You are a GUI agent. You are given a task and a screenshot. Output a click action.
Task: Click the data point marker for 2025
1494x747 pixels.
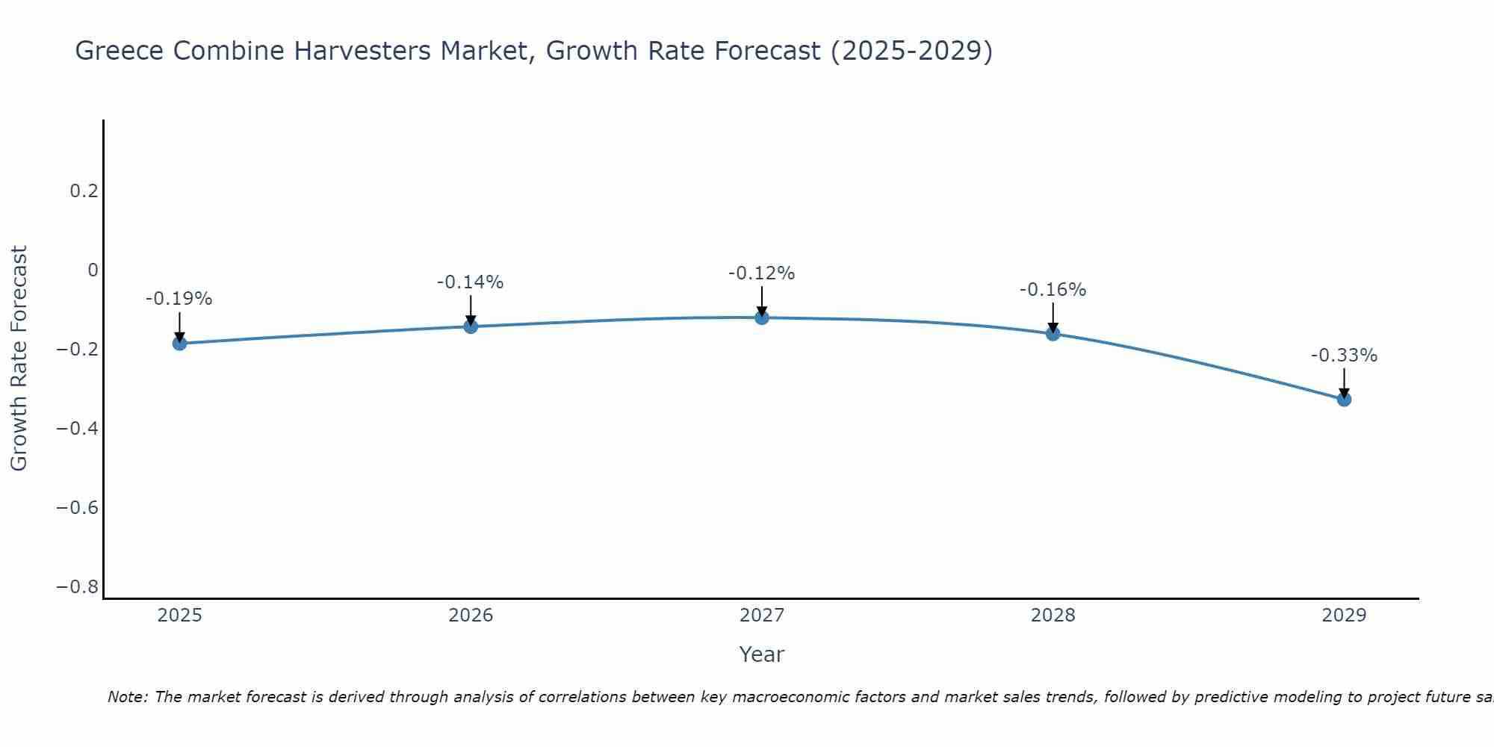(179, 344)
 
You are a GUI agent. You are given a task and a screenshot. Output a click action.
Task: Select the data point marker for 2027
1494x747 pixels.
(761, 317)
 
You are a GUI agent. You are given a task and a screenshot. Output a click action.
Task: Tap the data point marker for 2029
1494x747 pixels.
(1344, 399)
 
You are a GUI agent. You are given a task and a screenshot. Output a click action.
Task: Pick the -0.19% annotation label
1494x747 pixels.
(179, 299)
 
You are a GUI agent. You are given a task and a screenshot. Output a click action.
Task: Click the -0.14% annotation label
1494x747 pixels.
(470, 282)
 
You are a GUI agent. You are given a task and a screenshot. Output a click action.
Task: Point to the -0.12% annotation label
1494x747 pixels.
(761, 273)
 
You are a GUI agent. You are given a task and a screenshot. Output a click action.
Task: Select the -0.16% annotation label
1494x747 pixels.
(1053, 290)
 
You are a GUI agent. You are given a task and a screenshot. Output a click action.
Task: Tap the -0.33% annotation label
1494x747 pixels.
(1344, 356)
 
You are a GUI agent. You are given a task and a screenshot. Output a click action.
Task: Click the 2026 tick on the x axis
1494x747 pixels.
(471, 616)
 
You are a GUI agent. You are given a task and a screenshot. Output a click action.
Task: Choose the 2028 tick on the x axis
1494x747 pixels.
(1053, 616)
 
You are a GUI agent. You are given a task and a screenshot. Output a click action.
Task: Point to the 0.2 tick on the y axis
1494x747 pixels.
(84, 191)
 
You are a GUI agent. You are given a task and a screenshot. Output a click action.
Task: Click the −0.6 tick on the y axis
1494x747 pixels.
(78, 508)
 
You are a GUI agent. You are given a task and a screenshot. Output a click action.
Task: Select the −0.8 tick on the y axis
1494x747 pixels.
(78, 587)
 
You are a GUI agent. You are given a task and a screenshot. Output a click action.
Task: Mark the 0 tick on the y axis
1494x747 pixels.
(93, 270)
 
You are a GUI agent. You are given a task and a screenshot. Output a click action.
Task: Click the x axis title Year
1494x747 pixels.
(761, 654)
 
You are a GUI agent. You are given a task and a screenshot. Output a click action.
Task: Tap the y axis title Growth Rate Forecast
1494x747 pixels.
(19, 359)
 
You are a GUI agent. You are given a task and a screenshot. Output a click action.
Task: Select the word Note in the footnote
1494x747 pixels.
(127, 697)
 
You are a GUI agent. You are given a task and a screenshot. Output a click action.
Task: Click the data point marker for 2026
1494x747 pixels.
(471, 326)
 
